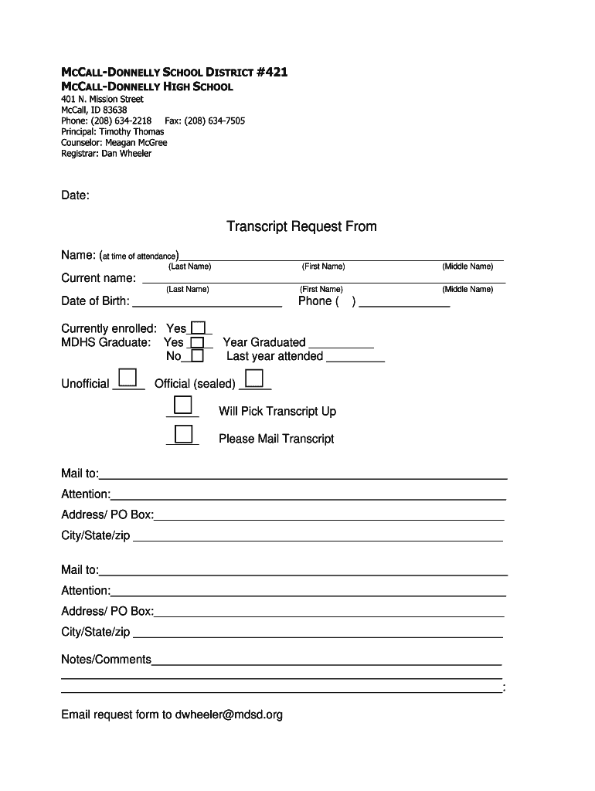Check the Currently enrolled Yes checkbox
pos(199,328)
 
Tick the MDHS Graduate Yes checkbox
pos(197,342)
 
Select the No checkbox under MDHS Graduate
pos(197,356)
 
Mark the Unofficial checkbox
pos(128,378)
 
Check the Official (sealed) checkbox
pos(253,378)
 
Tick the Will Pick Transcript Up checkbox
pos(183,406)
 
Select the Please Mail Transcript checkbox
pos(183,433)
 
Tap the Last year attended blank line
pos(355,358)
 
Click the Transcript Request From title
pos(301,226)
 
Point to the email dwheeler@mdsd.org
pos(229,715)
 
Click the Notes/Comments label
pos(106,660)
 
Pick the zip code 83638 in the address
pos(114,110)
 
